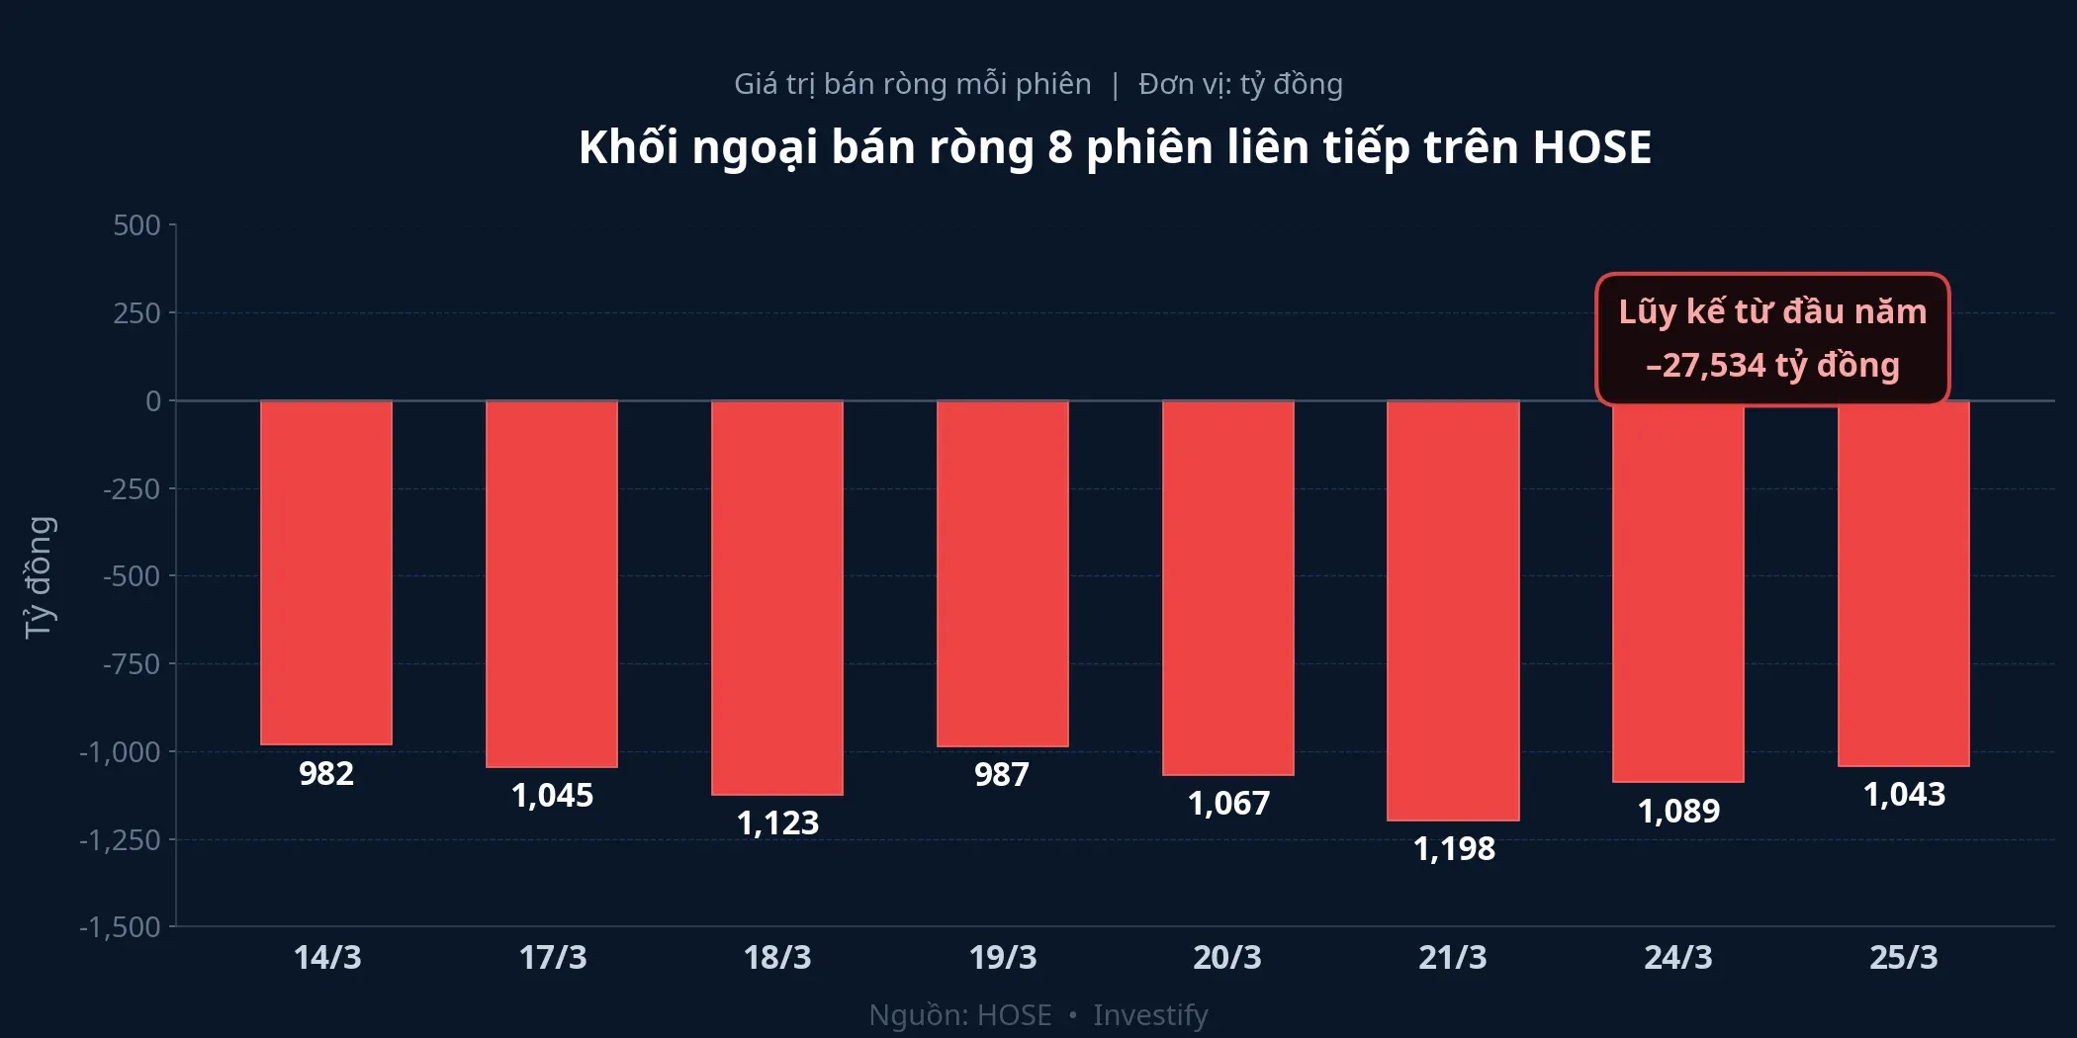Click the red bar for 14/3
326,572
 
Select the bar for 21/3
1453,610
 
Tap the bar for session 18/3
777,597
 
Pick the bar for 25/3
1904,583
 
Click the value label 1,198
1454,848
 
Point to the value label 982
326,773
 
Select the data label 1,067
1228,803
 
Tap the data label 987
1002,774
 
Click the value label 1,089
1678,811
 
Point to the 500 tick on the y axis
136,225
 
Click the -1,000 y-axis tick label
120,752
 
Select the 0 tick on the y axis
153,401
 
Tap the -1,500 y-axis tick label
120,927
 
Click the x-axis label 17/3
553,957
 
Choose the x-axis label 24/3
1678,957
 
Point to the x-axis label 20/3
1227,957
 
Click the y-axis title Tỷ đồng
39,577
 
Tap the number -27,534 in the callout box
1706,366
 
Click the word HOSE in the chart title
1591,147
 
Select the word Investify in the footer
1150,1015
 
